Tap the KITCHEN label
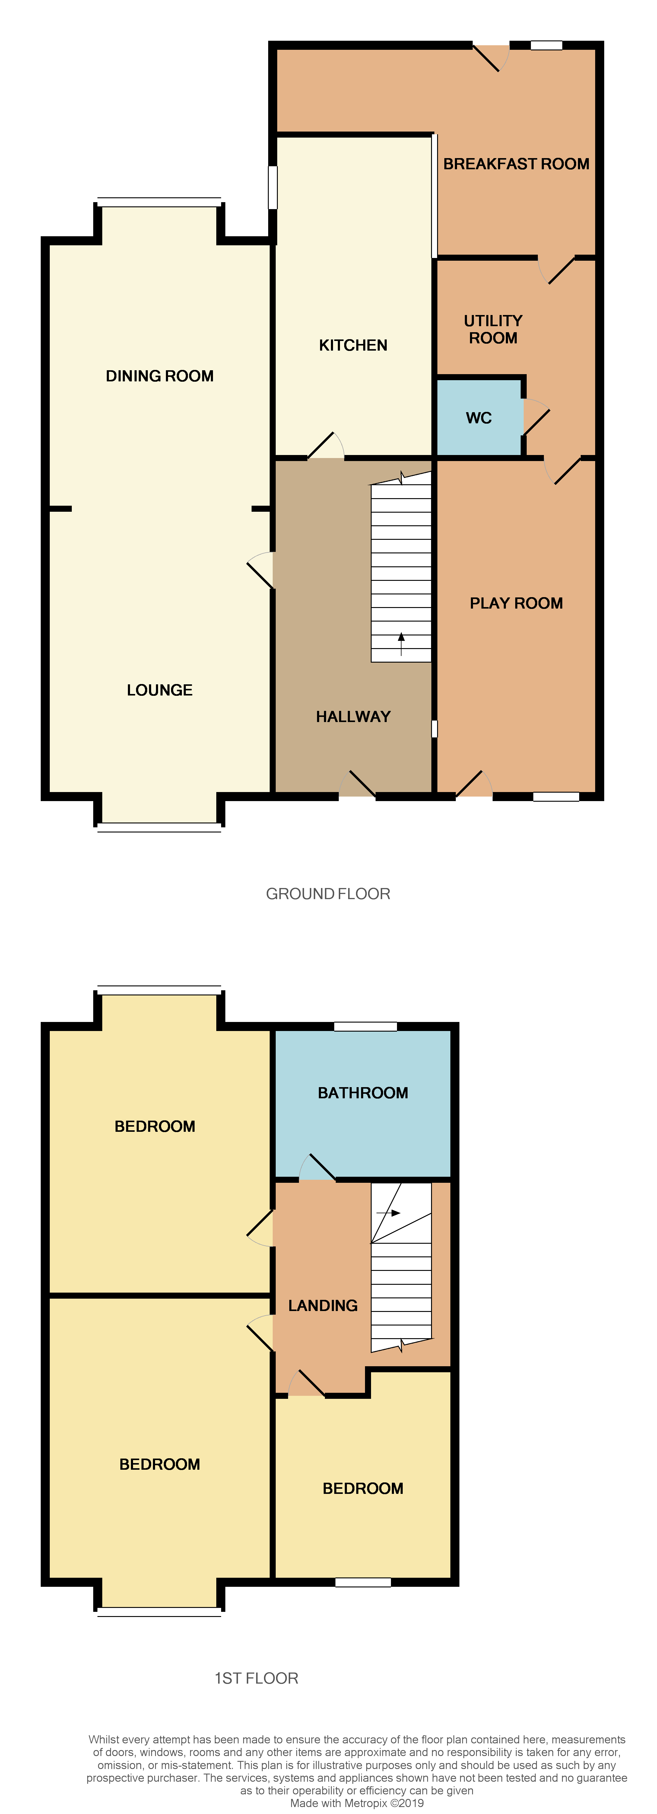(x=353, y=345)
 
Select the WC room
(x=479, y=418)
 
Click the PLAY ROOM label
(x=516, y=603)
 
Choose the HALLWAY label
(x=353, y=717)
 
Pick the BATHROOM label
(x=363, y=1093)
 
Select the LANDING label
(x=322, y=1306)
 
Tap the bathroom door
(x=318, y=1168)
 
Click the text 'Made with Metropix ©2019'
(x=357, y=1803)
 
